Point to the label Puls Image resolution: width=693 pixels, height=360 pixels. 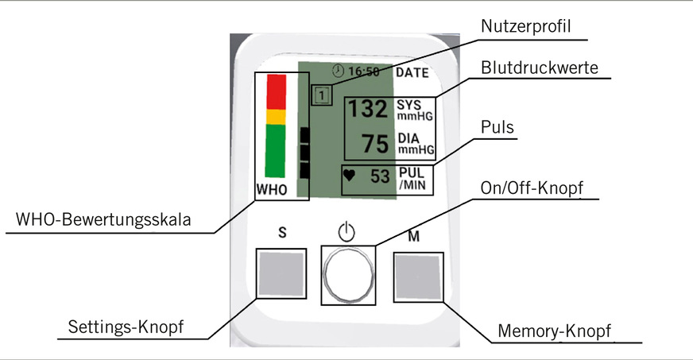497,126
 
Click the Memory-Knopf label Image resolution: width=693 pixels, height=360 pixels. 557,330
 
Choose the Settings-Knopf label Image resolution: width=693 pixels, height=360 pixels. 126,327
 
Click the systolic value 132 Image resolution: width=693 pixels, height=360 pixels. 368,110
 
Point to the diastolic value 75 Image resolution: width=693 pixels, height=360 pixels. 374,145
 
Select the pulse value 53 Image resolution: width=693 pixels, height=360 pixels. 381,176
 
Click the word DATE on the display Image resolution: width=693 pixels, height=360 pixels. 412,72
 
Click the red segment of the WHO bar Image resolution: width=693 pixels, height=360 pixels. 276,91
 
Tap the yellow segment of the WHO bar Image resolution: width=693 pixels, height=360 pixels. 276,117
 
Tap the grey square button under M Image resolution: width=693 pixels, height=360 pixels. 418,276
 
